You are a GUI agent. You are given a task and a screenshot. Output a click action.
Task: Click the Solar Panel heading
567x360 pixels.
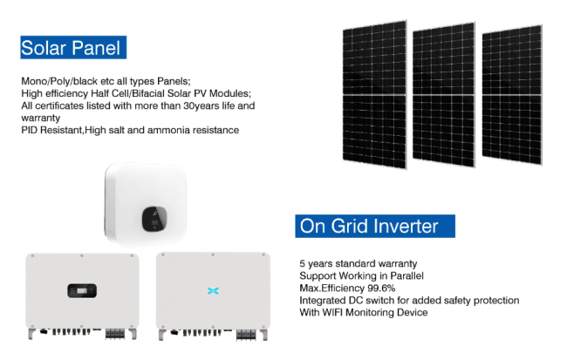point(73,47)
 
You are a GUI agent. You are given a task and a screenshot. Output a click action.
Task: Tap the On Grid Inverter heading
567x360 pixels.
point(375,227)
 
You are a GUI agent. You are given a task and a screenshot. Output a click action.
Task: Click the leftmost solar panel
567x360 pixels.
point(374,95)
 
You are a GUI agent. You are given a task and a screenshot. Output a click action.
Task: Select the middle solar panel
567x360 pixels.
point(444,95)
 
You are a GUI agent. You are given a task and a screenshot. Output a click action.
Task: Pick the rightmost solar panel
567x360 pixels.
point(512,95)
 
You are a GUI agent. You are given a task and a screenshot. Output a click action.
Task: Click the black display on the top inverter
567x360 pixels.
point(154,219)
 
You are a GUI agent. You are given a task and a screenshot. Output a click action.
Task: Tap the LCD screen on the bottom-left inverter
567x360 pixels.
point(82,291)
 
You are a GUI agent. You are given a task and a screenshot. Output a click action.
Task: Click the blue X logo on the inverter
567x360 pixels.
point(213,290)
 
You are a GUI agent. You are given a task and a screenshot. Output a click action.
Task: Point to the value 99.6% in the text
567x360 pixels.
point(381,288)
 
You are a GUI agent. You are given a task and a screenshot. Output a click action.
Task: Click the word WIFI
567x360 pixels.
point(332,312)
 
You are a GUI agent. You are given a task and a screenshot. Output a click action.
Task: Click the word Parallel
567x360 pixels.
point(406,275)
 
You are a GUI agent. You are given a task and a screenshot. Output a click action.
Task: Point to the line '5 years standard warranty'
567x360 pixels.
point(359,264)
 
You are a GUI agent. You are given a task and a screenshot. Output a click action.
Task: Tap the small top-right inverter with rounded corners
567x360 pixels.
point(146,204)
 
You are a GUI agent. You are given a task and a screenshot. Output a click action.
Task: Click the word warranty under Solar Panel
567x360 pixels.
point(41,119)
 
